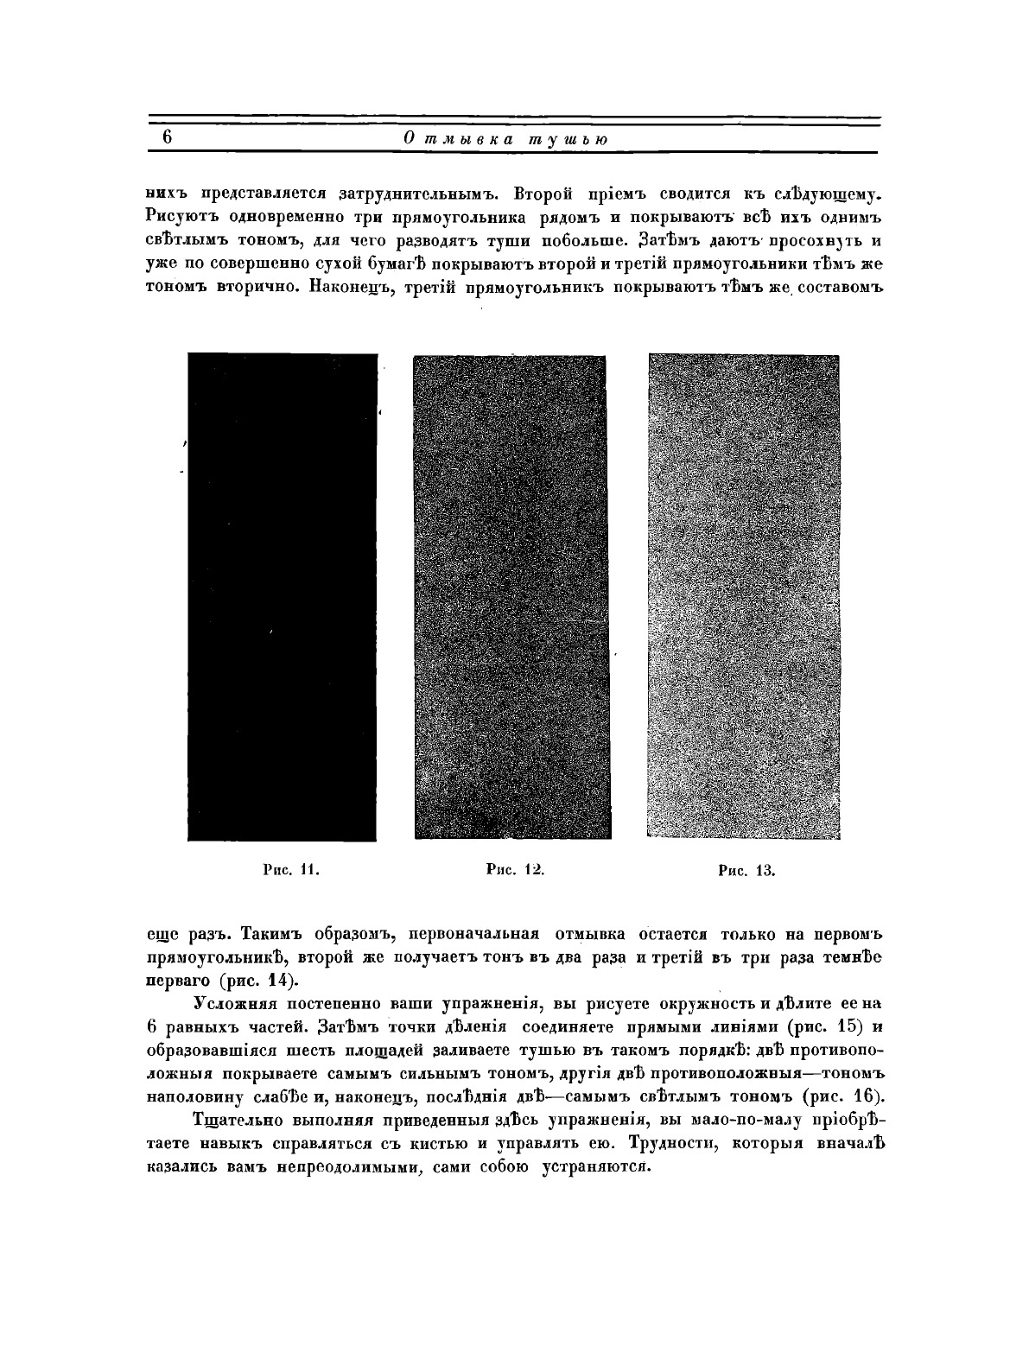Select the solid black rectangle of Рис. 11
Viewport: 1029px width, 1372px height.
click(x=283, y=596)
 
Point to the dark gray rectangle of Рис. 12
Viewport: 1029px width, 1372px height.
click(x=510, y=596)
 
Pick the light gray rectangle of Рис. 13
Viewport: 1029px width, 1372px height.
click(x=744, y=596)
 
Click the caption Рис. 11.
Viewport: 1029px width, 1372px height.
click(x=291, y=871)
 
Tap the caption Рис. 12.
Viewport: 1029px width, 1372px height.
click(x=515, y=870)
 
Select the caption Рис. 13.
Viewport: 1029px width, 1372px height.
click(x=746, y=871)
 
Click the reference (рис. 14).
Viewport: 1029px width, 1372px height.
click(x=258, y=981)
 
